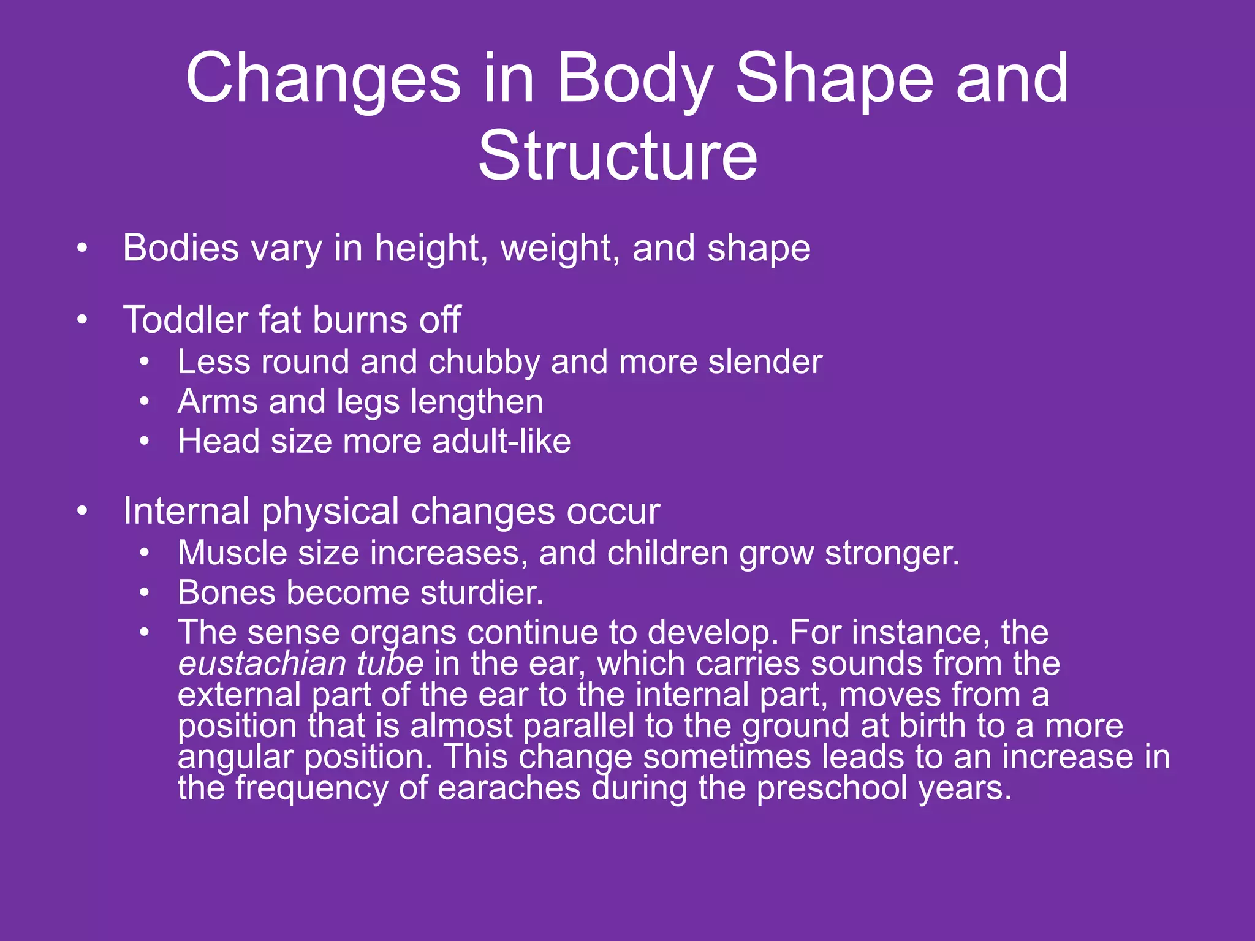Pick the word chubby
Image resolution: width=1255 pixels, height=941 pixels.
(484, 362)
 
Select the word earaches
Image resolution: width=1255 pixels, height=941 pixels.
(509, 788)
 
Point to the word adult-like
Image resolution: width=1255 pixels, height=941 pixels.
(501, 441)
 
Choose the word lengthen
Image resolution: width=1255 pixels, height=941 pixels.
(476, 402)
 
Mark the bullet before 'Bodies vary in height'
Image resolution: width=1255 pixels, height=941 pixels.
(82, 249)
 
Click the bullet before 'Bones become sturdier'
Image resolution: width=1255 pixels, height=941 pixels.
(144, 593)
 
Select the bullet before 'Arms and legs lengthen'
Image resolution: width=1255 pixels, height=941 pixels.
(144, 402)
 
